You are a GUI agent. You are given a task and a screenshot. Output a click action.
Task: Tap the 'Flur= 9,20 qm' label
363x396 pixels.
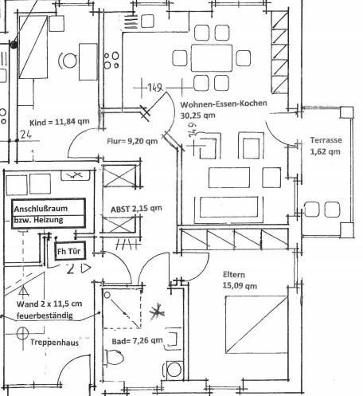point(131,143)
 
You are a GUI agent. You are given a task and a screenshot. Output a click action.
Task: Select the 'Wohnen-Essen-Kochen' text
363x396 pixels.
point(223,105)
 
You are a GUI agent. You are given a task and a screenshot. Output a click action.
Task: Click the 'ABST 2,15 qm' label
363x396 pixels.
point(136,208)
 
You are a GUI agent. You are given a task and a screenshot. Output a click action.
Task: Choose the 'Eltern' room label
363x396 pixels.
point(235,275)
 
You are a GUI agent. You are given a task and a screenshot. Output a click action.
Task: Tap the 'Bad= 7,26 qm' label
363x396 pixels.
point(136,341)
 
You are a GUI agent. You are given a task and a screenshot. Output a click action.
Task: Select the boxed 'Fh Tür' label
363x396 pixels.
point(68,252)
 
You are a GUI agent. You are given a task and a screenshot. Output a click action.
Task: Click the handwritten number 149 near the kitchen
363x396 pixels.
point(155,87)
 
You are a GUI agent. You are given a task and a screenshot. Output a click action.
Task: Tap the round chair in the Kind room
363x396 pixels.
point(69,61)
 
